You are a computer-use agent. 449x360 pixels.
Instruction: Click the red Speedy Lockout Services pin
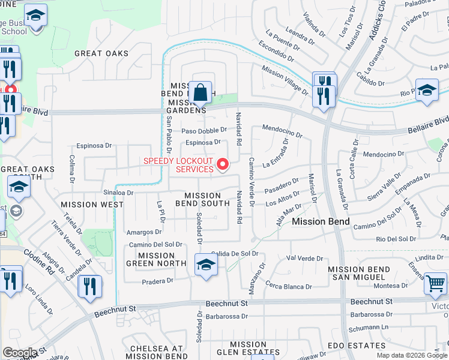click(x=223, y=163)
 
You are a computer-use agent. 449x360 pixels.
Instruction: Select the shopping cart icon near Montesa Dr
click(x=435, y=283)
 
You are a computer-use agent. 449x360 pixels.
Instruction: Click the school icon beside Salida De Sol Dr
click(x=205, y=265)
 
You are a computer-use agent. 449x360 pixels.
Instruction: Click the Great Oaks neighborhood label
click(x=101, y=53)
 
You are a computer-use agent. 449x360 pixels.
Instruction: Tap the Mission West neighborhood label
click(x=92, y=204)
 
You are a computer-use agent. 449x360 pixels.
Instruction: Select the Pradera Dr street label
click(x=157, y=280)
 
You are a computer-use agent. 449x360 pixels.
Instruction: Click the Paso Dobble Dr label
click(x=205, y=130)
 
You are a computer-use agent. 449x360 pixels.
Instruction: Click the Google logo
click(x=19, y=353)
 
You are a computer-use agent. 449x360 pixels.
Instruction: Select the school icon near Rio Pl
click(x=426, y=90)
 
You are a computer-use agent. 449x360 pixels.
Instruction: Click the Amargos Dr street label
click(x=140, y=232)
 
